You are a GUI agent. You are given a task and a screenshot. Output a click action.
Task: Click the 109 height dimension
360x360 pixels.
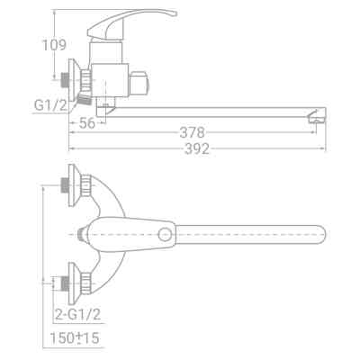(x=55, y=44)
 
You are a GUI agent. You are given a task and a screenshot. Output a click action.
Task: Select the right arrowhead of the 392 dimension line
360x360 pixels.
(x=322, y=142)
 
